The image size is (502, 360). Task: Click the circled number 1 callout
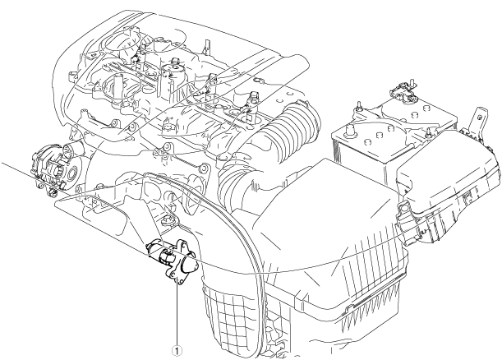point(175,348)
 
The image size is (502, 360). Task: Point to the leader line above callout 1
point(175,312)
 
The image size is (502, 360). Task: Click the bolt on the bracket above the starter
point(170,219)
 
